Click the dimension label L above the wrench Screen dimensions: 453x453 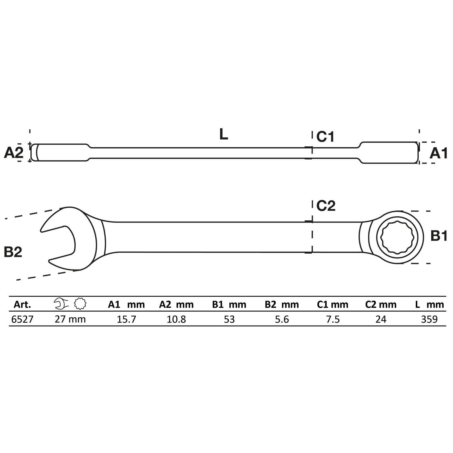(x=223, y=134)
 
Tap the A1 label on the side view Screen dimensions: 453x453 (x=438, y=153)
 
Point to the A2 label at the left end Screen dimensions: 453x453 (x=14, y=153)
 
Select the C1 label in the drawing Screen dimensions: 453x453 (x=325, y=137)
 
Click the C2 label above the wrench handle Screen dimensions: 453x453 (x=326, y=206)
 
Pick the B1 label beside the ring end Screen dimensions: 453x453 (x=439, y=236)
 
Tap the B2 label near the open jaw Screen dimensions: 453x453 (x=13, y=252)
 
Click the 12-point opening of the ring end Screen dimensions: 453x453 (x=396, y=237)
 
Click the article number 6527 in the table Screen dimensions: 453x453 (x=22, y=319)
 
